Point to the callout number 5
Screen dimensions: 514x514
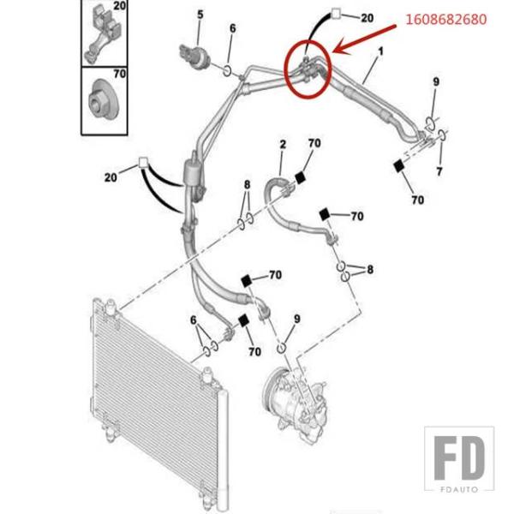200,14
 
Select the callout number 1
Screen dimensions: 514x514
380,52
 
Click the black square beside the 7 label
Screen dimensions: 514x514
399,168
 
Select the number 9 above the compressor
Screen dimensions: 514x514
296,319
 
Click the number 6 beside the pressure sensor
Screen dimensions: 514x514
231,28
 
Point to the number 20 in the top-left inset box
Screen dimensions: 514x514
118,7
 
